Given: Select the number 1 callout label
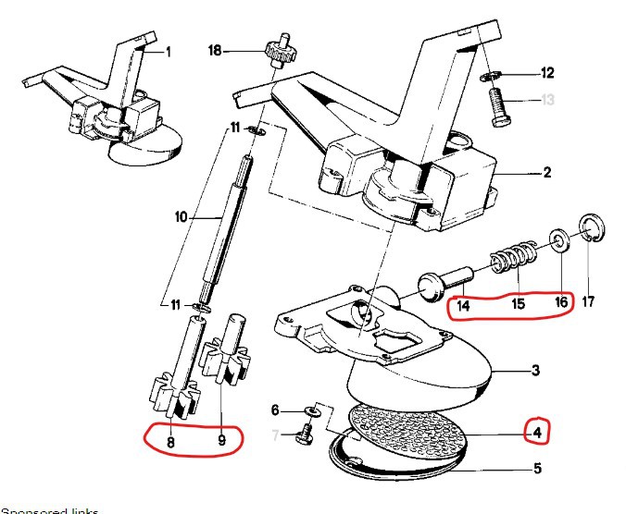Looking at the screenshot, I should point(169,53).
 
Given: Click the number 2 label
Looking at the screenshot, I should point(546,173).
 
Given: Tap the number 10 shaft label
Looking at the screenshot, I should point(182,217).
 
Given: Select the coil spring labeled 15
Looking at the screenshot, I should point(510,251).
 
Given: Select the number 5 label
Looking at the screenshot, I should point(538,469).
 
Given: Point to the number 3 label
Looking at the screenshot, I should point(535,372).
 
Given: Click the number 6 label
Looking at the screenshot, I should point(275,410).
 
